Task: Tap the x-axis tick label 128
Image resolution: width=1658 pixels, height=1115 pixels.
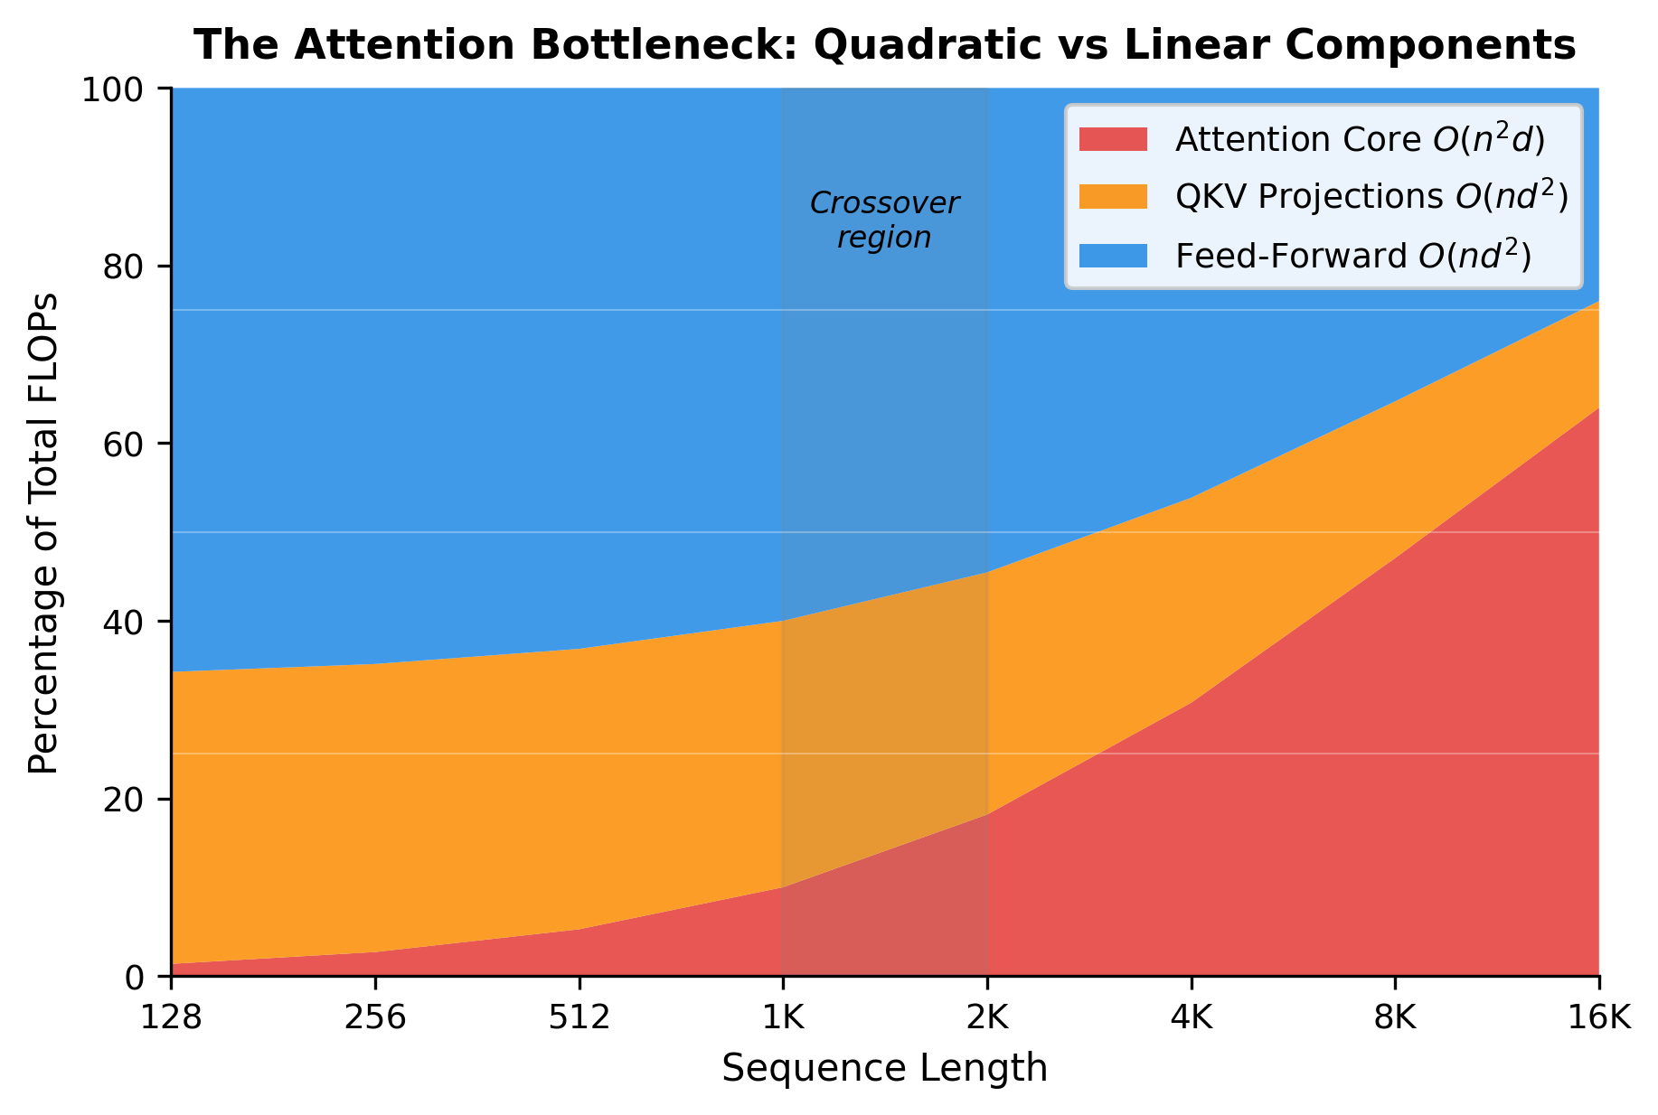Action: [x=171, y=1018]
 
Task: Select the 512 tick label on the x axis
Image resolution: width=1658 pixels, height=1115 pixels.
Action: [x=579, y=1018]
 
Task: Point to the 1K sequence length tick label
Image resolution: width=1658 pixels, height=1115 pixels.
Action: [x=783, y=1018]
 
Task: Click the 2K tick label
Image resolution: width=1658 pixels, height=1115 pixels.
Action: [x=987, y=1018]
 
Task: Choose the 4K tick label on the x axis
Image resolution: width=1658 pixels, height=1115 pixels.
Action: [x=1191, y=1018]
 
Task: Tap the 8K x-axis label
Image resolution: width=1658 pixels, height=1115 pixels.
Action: [x=1395, y=1018]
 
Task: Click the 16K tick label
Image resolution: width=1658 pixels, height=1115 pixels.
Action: [x=1598, y=1018]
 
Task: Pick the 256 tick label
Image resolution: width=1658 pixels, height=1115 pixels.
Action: [x=375, y=1018]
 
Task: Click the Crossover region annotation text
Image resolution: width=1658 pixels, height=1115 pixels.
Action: [x=884, y=220]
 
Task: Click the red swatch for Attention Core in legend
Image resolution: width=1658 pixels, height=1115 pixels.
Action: [x=1113, y=139]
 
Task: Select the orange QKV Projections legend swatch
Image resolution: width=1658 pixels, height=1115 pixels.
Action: [x=1113, y=197]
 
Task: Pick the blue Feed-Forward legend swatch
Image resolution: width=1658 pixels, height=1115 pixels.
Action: [x=1113, y=256]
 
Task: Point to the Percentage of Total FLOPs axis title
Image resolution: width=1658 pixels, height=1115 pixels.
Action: [x=43, y=533]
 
